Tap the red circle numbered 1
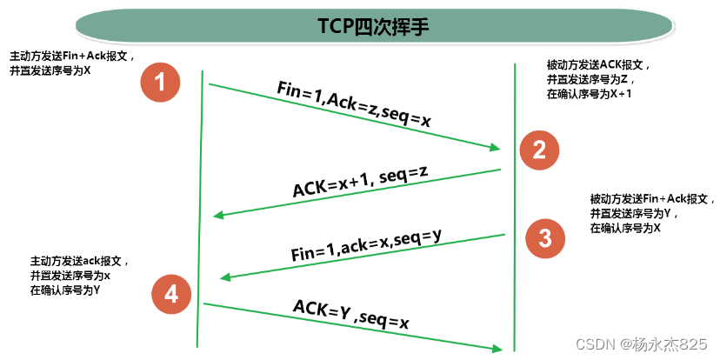click(x=159, y=83)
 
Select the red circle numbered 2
click(x=538, y=150)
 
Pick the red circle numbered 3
click(x=544, y=238)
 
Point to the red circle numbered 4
click(x=171, y=296)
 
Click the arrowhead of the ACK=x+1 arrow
click(x=218, y=216)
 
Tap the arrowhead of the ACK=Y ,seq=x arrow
click(x=499, y=347)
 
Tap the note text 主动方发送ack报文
click(x=80, y=260)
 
